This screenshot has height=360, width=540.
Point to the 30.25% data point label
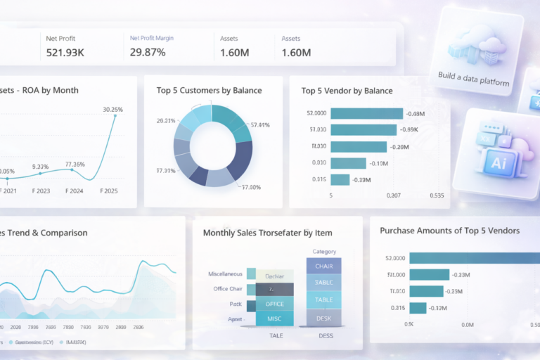[x=112, y=110]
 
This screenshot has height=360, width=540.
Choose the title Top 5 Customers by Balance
[x=209, y=91]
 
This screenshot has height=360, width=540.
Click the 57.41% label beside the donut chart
[x=260, y=126]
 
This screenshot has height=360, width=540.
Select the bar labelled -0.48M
[x=366, y=113]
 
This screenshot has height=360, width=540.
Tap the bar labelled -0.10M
[x=348, y=163]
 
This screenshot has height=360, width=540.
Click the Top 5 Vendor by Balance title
[x=347, y=91]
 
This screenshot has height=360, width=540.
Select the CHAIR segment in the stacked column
[x=323, y=266]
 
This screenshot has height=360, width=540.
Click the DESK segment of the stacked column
[x=323, y=318]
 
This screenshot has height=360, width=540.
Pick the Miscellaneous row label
[x=225, y=274]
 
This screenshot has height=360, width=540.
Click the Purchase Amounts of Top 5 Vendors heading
[x=450, y=231]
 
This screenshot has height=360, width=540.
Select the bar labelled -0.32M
[x=418, y=308]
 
